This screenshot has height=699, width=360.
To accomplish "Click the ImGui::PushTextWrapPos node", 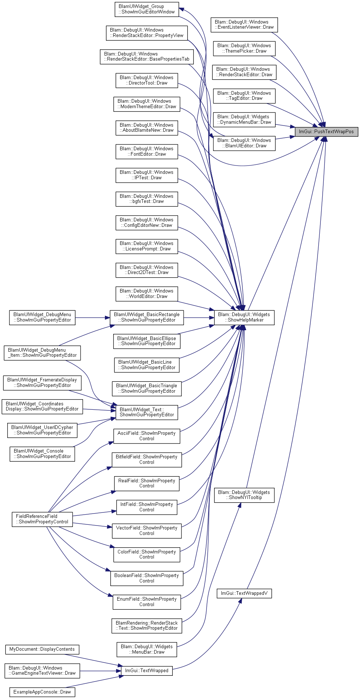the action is point(326,131).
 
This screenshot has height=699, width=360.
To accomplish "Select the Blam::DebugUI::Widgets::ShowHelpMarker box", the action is point(244,318).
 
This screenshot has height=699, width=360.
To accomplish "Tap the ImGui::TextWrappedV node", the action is point(244,593).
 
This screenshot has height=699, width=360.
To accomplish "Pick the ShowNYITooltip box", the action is point(244,495).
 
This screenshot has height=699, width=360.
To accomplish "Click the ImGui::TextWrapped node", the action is point(147,671).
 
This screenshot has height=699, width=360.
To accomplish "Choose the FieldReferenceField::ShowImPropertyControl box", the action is point(42,519).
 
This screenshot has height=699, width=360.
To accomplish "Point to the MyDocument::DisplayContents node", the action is point(42,649).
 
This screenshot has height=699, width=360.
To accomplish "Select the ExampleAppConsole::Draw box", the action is point(42,692).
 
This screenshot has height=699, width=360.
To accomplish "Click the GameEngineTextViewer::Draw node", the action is point(42,671).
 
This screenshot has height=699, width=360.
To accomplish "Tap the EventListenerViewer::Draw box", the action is point(244,25).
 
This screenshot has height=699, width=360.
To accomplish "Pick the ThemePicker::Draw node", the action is point(244,48).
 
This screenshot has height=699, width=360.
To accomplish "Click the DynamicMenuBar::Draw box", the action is point(244,119).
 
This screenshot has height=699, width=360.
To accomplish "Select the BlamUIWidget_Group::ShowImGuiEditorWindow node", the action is point(147,9).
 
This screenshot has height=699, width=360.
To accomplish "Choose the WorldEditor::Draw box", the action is point(147,294).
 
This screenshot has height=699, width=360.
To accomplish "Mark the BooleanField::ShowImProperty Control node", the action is point(147,578).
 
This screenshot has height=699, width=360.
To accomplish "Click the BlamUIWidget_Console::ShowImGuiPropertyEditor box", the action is point(42,454).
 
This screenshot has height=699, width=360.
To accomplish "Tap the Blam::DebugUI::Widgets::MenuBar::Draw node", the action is point(147,649).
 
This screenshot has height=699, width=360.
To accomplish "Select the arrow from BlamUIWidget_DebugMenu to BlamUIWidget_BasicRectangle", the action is point(93,318).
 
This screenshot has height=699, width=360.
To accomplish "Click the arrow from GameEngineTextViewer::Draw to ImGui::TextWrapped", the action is point(101,671).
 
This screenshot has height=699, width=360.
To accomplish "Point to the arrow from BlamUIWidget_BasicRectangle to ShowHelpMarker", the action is point(199,318).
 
